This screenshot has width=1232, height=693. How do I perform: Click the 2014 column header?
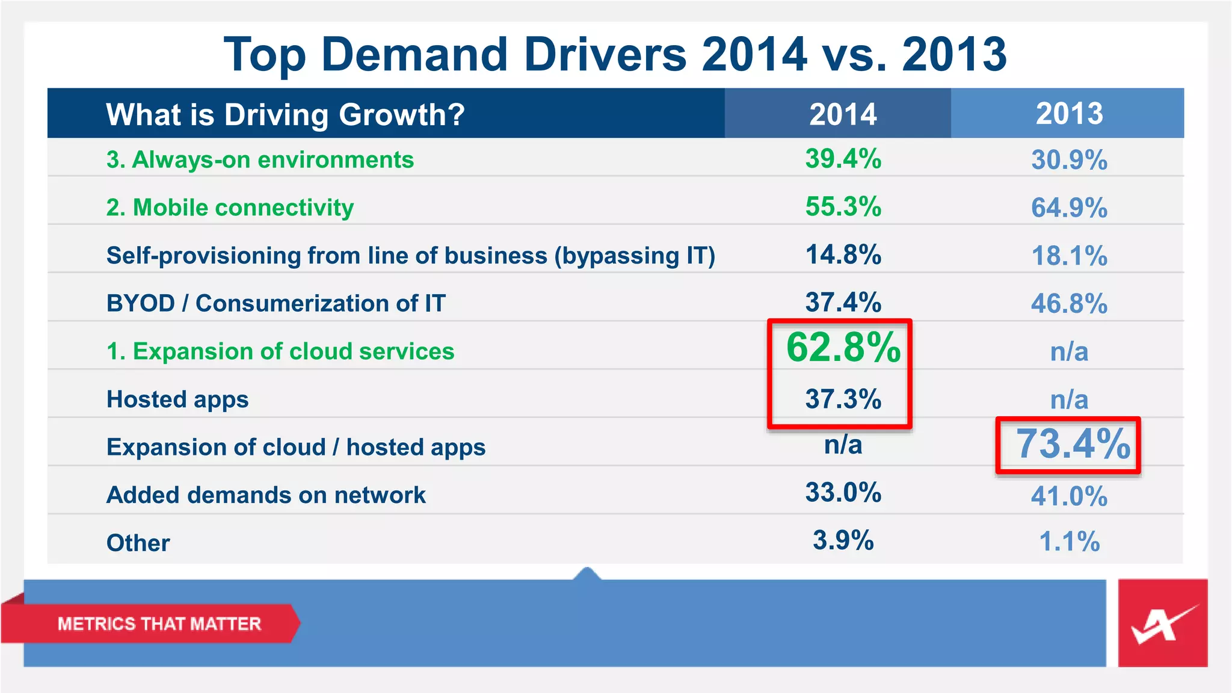tap(842, 114)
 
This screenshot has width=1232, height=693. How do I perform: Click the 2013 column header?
tap(1069, 114)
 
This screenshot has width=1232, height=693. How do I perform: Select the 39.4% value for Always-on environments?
tap(843, 159)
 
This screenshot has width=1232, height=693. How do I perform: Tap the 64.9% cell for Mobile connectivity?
tap(1069, 208)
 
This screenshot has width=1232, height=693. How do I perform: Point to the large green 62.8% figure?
tap(843, 348)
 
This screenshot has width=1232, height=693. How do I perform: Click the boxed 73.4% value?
tap(1073, 445)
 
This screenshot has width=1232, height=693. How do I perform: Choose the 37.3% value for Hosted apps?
tap(843, 399)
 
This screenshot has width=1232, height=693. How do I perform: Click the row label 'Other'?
tap(138, 543)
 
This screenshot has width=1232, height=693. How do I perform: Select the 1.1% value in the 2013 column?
tap(1069, 541)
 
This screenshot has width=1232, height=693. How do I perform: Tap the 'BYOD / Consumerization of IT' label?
tap(276, 303)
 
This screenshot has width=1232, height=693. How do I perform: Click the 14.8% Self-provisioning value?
tap(843, 255)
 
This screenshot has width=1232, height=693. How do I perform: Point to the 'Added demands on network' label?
tap(266, 495)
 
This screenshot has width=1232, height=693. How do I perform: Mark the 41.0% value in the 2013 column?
tap(1069, 496)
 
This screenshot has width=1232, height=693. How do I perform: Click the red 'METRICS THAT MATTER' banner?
tap(159, 624)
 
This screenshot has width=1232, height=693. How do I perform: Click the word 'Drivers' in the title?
tap(605, 54)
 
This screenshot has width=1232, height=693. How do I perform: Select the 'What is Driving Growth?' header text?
tap(285, 114)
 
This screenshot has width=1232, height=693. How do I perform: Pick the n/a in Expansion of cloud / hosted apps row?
tap(843, 445)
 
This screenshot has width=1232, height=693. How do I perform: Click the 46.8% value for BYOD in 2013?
tap(1069, 303)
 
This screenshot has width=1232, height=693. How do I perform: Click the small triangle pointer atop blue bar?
tap(587, 573)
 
